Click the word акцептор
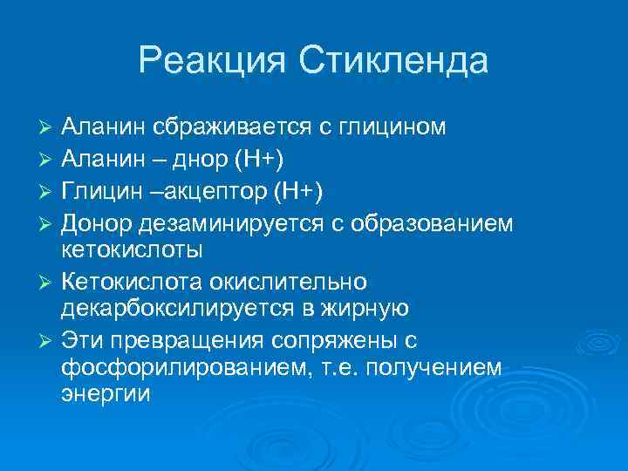227,191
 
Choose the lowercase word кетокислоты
132,249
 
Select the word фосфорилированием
179,366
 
